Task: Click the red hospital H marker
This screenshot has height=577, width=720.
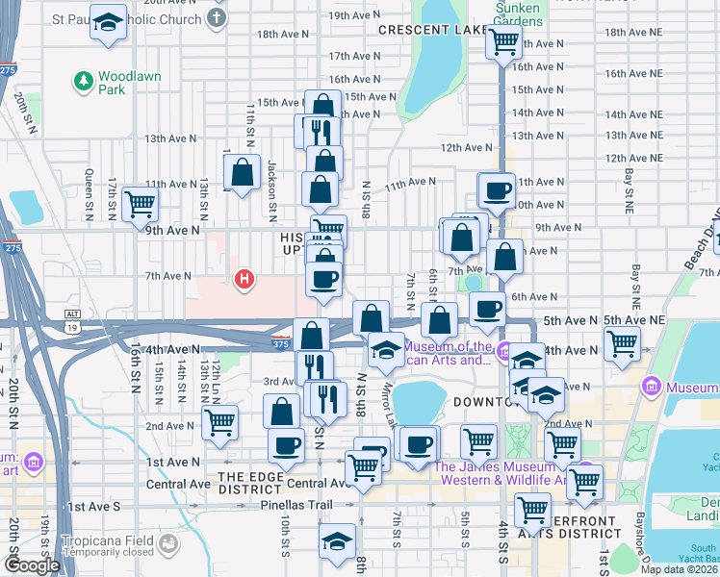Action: point(245,280)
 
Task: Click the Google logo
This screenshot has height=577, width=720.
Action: point(32,565)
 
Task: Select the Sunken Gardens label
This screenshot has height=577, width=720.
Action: point(517,14)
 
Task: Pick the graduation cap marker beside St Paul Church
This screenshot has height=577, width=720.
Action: point(109,22)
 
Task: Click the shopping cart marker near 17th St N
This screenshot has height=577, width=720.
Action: point(140,204)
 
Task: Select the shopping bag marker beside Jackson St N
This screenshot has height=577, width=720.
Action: point(243,173)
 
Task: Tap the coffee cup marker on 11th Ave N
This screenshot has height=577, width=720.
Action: point(497,190)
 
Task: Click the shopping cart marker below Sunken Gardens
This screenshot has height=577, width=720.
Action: point(502,42)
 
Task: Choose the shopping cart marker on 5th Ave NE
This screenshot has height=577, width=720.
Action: point(623,342)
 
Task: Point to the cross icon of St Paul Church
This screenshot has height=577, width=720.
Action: point(218,18)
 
